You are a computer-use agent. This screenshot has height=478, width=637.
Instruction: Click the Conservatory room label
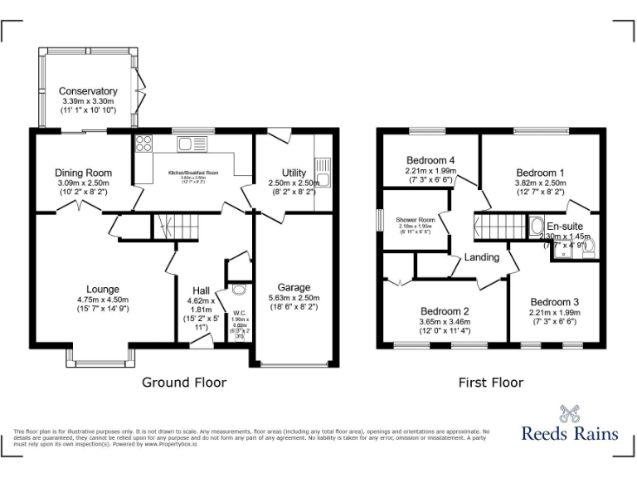pos(88,90)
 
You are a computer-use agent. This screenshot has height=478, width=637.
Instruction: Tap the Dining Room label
pos(84,173)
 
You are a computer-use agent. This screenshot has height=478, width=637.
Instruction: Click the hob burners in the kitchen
pos(143,143)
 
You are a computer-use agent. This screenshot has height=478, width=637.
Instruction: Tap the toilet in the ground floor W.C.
pos(240,290)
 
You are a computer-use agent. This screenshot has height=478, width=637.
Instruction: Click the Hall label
pos(201,290)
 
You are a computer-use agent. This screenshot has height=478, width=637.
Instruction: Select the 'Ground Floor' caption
pos(184,383)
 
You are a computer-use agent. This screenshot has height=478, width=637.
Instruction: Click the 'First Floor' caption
pos(491,383)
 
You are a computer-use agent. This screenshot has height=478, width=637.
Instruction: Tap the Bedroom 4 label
pos(430,160)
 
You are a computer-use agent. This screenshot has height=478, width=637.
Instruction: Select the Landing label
pos(481,257)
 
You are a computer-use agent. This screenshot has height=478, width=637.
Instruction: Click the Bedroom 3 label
pos(555,301)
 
